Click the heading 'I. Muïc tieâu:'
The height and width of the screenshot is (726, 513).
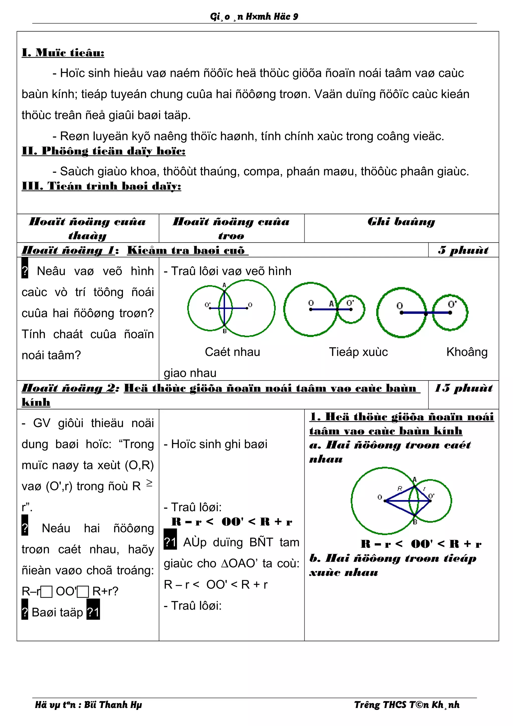[63, 53]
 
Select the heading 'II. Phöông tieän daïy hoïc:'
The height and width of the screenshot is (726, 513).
[103, 151]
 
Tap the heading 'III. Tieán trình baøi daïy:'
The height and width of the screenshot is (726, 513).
[101, 186]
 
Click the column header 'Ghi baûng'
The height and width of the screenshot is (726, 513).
[401, 222]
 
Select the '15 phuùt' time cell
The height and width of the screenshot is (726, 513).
[463, 388]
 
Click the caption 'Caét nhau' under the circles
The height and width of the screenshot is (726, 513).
[232, 352]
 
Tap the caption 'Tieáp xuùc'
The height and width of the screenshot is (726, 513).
[358, 352]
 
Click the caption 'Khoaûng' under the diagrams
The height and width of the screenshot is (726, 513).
[467, 352]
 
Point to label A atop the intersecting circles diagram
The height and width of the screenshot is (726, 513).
[224, 285]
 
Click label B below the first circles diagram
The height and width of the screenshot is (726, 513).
[225, 331]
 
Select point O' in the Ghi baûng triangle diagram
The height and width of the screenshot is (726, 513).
[431, 496]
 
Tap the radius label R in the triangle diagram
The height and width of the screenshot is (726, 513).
[400, 489]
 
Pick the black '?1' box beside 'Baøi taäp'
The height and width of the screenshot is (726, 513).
[93, 613]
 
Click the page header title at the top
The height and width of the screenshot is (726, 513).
[254, 17]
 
